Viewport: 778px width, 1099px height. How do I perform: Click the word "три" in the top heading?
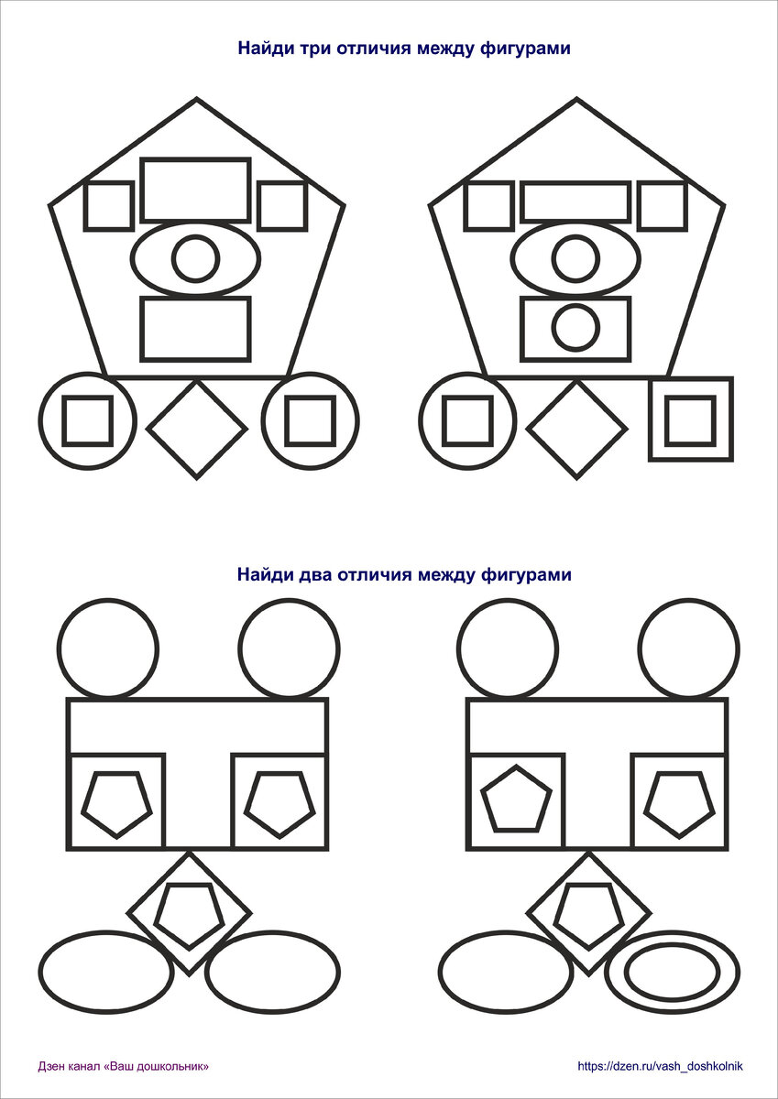(319, 49)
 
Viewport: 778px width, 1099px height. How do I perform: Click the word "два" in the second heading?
(318, 575)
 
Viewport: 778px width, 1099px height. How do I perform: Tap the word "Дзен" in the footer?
(52, 1066)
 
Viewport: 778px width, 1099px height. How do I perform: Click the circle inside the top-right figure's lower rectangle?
(576, 328)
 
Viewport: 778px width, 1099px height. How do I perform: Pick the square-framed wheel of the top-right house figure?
(690, 419)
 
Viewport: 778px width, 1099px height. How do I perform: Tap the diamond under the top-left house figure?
(196, 429)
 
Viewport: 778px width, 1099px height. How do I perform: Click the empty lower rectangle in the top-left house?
(195, 328)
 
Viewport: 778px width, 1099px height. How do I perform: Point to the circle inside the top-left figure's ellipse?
(194, 259)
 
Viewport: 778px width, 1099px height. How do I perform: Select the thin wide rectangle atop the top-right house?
(575, 201)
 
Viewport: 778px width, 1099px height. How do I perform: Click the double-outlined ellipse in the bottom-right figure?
(673, 972)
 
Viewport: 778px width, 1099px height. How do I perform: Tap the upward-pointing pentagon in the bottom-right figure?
(516, 799)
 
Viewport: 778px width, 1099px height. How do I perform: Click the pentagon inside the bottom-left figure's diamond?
(189, 916)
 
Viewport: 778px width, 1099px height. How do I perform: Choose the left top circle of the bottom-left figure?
(107, 648)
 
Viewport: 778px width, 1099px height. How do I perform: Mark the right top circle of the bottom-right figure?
(688, 648)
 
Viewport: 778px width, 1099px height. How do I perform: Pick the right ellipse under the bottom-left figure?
(272, 971)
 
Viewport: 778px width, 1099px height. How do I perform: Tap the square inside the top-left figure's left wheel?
(87, 420)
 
